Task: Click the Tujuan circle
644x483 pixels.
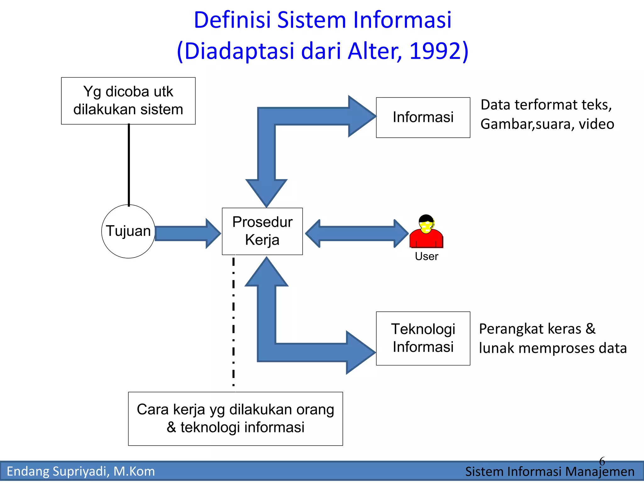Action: coord(128,231)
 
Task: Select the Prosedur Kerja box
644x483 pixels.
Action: coord(262,231)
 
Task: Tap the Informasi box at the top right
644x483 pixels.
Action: coord(423,117)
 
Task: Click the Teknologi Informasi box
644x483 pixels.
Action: coord(423,338)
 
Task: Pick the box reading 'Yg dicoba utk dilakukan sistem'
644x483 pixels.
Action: coord(128,101)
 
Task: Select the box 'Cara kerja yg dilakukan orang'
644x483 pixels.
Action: coord(235,419)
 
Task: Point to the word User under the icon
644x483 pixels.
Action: coord(426,256)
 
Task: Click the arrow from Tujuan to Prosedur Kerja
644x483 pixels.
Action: coord(186,233)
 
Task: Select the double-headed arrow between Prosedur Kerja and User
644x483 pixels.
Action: coord(357,233)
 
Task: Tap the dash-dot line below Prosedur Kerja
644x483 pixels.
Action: coord(233,321)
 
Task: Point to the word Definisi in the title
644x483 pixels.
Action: coord(232,20)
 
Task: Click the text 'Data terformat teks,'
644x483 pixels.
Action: coord(546,105)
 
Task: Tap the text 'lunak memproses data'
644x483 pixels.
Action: coord(552,348)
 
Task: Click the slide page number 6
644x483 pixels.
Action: coord(602,461)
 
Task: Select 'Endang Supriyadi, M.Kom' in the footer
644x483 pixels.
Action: coord(81,471)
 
